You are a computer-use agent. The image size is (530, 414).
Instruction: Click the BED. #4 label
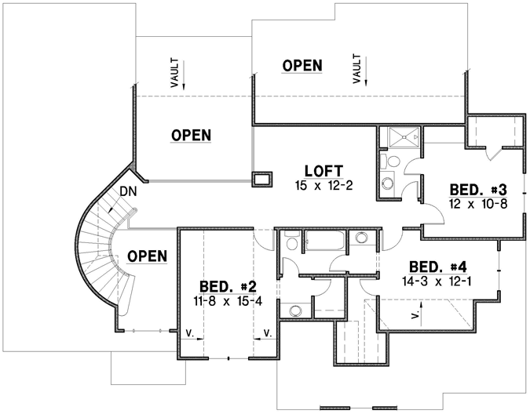435,267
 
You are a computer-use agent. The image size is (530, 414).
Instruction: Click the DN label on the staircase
128,191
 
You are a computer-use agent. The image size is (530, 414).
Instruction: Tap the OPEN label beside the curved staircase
147,256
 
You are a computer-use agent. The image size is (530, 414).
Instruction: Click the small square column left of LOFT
261,180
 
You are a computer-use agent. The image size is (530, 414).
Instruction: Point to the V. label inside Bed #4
414,315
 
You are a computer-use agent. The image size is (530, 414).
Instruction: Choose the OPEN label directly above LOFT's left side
191,136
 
